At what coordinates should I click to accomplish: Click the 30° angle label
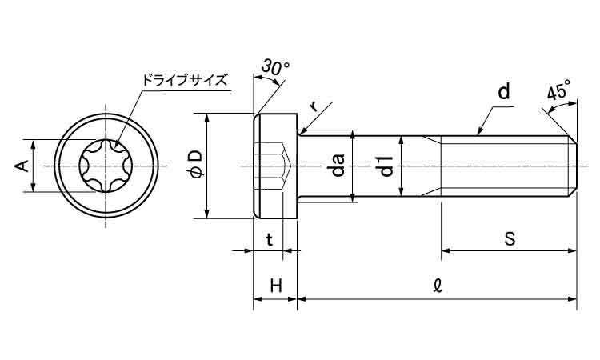[x=272, y=70]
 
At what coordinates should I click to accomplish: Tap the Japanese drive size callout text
[x=184, y=80]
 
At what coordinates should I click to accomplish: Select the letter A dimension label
[x=22, y=166]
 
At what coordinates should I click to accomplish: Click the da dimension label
[x=338, y=166]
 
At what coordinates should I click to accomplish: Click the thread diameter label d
[x=503, y=93]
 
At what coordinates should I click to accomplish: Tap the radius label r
[x=314, y=105]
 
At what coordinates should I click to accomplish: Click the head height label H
[x=274, y=286]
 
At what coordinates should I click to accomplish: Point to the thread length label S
[x=509, y=238]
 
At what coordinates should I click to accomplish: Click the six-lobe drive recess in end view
[x=106, y=166]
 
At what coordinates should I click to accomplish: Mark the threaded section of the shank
[x=504, y=166]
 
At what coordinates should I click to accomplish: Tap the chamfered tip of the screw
[x=573, y=166]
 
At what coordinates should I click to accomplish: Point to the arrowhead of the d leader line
[x=478, y=133]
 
